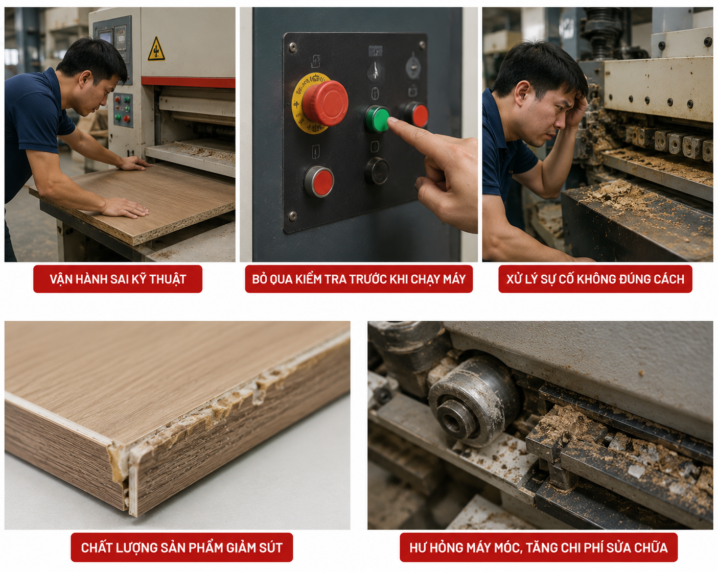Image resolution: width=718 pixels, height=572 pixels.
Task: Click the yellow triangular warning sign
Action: tap(156, 49)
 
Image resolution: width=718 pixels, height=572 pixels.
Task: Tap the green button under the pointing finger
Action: tap(377, 118)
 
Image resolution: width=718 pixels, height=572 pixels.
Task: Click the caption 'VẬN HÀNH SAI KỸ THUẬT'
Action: tap(118, 279)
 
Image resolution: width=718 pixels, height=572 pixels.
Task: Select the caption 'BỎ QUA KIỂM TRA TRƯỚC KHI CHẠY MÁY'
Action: tap(359, 279)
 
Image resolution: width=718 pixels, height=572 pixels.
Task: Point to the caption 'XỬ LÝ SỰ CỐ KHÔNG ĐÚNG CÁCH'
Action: tap(595, 279)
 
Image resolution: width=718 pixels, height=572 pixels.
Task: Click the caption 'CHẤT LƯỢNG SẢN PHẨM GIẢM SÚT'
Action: tap(182, 547)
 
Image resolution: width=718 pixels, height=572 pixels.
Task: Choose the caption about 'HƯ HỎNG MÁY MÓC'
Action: tap(539, 547)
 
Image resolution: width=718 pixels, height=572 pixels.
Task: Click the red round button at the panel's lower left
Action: tap(319, 181)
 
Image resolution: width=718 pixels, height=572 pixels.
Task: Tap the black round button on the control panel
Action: tap(377, 171)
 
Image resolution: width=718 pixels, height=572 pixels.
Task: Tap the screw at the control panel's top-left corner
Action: tap(292, 47)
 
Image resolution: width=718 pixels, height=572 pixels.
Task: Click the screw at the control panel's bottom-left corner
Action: tap(293, 216)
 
